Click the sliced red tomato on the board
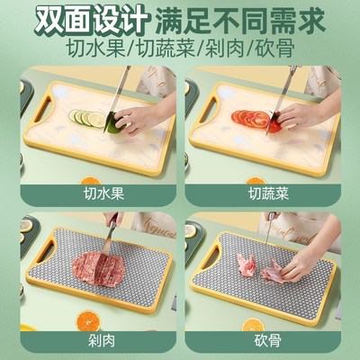[251, 119]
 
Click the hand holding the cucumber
[139, 117]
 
